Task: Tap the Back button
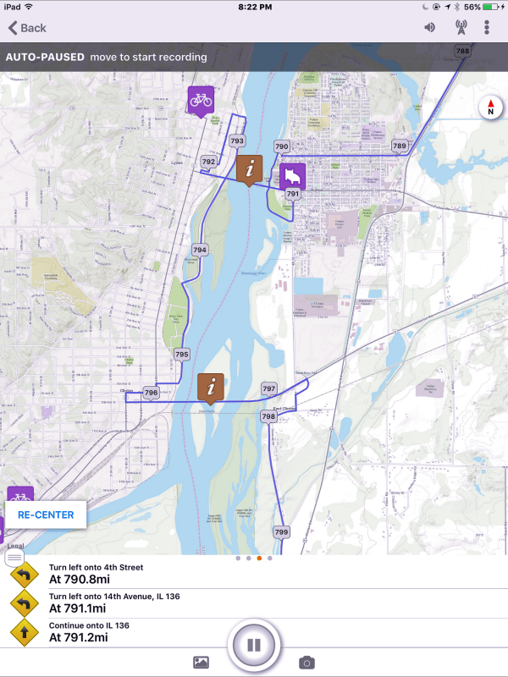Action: pos(26,28)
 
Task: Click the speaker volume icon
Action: pos(430,27)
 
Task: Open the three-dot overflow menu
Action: pos(487,27)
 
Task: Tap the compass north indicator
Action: pos(490,107)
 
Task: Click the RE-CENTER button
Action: pos(46,515)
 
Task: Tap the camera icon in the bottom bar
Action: pos(306,663)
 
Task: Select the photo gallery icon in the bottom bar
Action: pos(201,663)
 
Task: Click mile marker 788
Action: pos(462,52)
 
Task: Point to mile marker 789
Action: pos(400,146)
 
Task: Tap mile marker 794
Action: pos(200,250)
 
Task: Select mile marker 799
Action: pos(282,532)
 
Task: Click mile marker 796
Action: pos(151,393)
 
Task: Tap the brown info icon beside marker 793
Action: pos(249,169)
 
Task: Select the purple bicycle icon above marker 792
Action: pos(201,101)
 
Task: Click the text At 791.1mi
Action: pos(78,608)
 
